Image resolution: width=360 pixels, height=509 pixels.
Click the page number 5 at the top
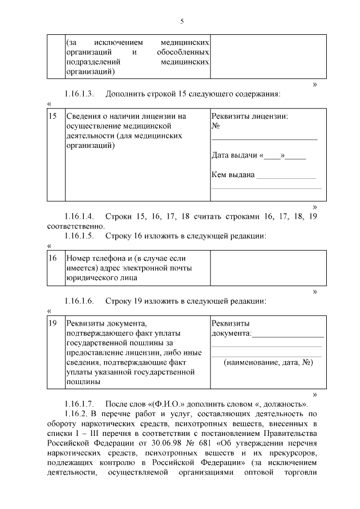(182, 21)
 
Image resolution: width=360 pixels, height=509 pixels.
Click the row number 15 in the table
(53, 116)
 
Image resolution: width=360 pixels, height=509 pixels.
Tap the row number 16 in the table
(53, 258)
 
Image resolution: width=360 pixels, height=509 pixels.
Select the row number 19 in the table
(53, 323)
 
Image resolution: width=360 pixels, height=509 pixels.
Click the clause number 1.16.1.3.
(79, 93)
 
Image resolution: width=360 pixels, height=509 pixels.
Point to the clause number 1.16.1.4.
(79, 217)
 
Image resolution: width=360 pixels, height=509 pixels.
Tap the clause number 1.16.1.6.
(79, 301)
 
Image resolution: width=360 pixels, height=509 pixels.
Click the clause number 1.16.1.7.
(79, 404)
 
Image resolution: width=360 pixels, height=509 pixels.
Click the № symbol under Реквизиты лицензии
(215, 126)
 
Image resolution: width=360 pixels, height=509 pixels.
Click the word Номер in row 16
(79, 258)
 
